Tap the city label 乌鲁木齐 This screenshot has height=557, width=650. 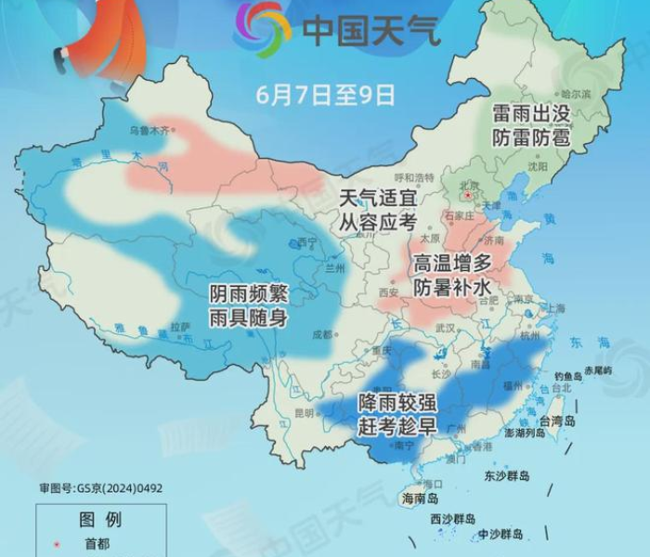(149, 131)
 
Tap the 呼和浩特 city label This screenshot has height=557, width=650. (414, 177)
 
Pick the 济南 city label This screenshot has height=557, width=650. (506, 238)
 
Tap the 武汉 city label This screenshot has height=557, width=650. (446, 328)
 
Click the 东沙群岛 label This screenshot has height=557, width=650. (507, 476)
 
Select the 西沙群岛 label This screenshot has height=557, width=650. (452, 519)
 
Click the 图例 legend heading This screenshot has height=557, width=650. (100, 518)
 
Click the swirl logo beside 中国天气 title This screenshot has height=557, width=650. (263, 28)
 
